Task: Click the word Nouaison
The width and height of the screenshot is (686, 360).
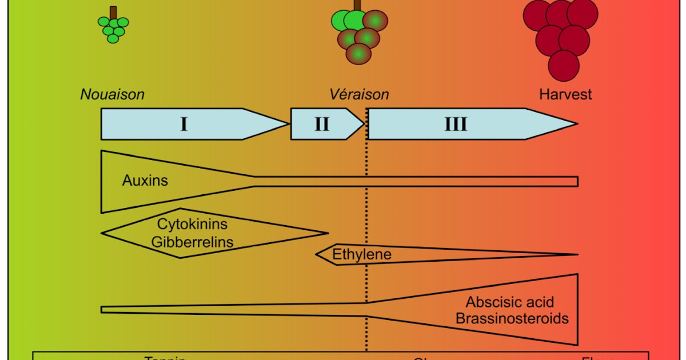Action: point(112,94)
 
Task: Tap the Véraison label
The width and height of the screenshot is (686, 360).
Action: point(359,94)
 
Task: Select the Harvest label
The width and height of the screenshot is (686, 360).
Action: point(565,94)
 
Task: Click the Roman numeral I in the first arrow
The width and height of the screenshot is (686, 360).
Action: point(184,124)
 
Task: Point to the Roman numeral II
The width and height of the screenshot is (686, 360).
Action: point(322,124)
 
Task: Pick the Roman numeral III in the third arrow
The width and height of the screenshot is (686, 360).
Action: point(456,124)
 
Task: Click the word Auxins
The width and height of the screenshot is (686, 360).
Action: point(145,181)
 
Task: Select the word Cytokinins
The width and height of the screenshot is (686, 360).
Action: point(192,225)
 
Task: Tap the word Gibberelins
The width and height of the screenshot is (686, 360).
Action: point(192,242)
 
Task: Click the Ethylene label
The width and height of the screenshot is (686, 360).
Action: point(362,254)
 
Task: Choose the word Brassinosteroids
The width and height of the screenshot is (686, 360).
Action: point(512,318)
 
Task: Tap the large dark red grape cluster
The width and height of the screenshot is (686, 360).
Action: point(560,37)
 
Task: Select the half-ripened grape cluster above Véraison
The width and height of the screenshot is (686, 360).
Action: point(360,35)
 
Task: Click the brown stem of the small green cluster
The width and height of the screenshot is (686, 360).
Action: point(113,11)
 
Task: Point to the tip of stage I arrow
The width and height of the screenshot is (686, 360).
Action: point(287,124)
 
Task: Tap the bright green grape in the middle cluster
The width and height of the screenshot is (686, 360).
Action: point(346,20)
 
